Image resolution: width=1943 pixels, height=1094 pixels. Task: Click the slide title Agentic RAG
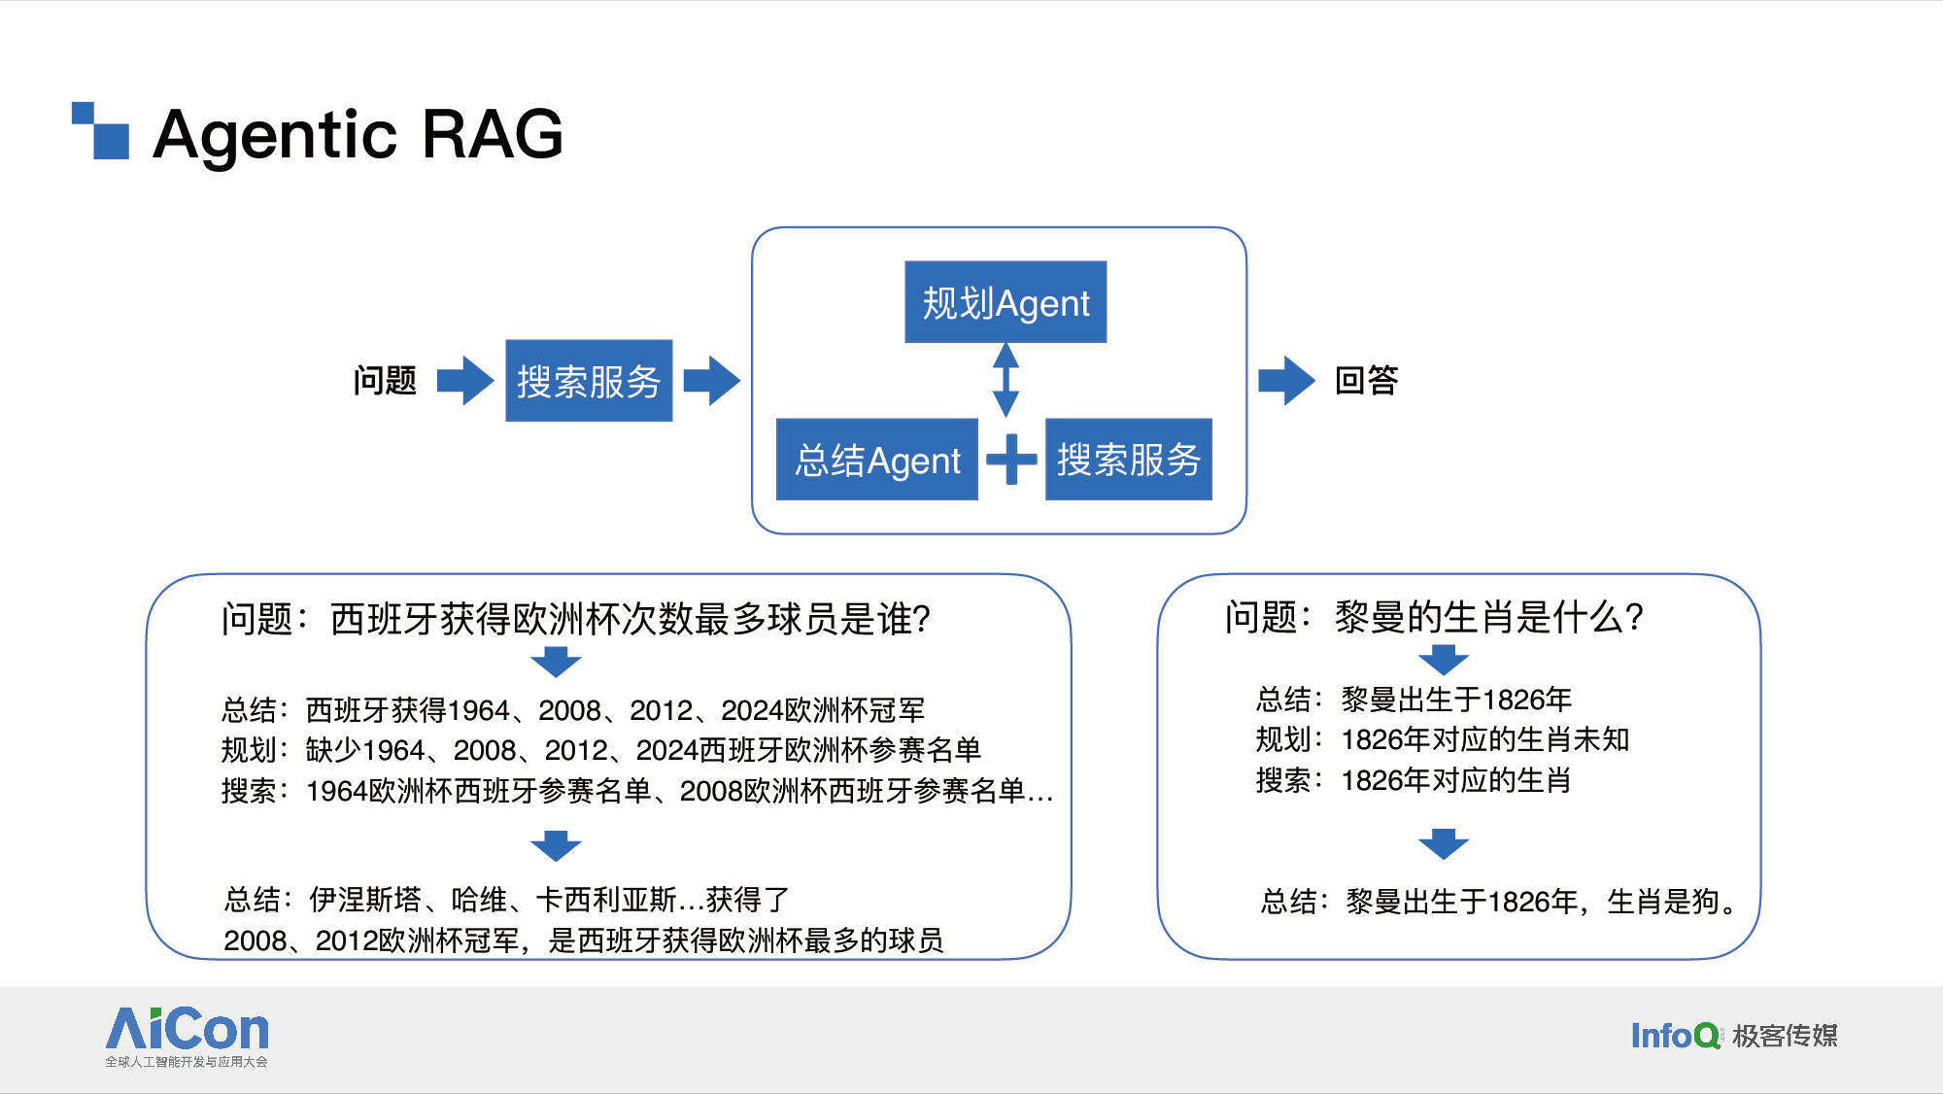click(x=358, y=134)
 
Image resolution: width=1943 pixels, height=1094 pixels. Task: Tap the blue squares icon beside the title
click(x=101, y=130)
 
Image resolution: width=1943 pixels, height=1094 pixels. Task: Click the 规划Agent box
click(x=1006, y=302)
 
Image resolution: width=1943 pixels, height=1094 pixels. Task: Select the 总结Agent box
click(x=877, y=460)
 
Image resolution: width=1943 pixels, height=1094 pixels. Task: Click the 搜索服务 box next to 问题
click(x=589, y=381)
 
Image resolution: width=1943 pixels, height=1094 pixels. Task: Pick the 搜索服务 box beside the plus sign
click(x=1129, y=460)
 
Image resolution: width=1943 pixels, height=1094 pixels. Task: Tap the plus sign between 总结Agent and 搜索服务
click(x=1011, y=459)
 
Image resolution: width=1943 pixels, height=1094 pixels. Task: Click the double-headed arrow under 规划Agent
click(x=1006, y=380)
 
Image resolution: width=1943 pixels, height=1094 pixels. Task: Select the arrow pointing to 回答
click(x=1286, y=380)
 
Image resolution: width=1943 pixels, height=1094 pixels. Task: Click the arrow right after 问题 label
click(x=465, y=380)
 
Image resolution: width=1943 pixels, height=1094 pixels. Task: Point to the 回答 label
click(x=1366, y=380)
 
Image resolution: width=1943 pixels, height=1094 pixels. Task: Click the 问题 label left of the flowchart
click(x=385, y=380)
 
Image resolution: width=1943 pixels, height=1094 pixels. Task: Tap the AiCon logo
click(x=187, y=1037)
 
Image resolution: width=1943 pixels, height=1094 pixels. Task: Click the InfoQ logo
click(x=1733, y=1036)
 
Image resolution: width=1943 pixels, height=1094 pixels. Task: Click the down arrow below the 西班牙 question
click(x=556, y=662)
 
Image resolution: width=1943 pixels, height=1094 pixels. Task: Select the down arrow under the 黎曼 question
click(x=1444, y=660)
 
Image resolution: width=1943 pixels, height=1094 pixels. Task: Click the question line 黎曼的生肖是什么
click(x=1434, y=617)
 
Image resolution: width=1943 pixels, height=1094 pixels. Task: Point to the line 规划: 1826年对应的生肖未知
click(x=1443, y=739)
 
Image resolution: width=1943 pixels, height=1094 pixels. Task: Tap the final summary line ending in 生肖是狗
click(x=1500, y=902)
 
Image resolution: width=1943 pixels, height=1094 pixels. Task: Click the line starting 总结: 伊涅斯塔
click(x=507, y=900)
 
